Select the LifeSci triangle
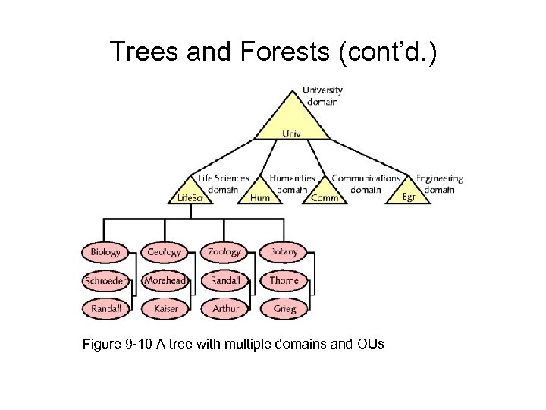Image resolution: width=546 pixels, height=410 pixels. coord(190,194)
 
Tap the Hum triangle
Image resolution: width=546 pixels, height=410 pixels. coord(260,194)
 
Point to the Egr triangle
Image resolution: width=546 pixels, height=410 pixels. coord(409,194)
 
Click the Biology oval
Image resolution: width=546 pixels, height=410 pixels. coord(105,252)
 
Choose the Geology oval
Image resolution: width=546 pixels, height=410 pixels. coord(165,252)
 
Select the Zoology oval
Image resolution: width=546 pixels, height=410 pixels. coord(224,252)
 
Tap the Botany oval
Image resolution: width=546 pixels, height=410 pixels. coord(284,252)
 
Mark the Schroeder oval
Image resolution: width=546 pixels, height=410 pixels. coord(105,281)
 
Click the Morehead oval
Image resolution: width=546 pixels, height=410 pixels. coord(165,281)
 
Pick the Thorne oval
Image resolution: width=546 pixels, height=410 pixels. coord(284,281)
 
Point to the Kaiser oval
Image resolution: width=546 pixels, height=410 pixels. coord(165,309)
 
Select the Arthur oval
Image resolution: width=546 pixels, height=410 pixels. coord(224,309)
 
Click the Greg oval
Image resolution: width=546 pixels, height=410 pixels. coord(284,309)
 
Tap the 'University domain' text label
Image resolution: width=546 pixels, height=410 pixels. coord(323,96)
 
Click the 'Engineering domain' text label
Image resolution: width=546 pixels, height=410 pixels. coord(439,184)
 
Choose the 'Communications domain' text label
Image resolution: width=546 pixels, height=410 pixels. coord(366,184)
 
